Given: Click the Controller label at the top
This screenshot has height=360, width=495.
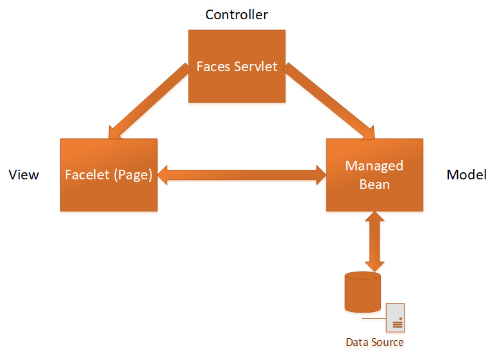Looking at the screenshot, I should point(237,14).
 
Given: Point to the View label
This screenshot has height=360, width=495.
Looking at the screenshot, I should point(24,175).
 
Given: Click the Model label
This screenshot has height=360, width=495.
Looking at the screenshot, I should point(466,175).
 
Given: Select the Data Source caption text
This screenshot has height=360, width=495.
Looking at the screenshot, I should point(374,342).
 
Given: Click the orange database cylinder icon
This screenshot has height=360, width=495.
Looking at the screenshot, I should point(362,291).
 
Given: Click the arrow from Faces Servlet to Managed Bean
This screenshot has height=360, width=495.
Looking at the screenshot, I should point(330,102).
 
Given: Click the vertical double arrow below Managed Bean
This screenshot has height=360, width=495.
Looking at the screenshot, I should point(374,241).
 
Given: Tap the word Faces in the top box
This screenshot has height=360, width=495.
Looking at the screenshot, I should point(214,67).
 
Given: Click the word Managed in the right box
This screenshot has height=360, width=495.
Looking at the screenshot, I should point(374,166).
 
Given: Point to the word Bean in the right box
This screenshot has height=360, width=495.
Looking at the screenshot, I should point(374,184).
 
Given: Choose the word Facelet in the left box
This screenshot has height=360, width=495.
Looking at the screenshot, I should point(88,175).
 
